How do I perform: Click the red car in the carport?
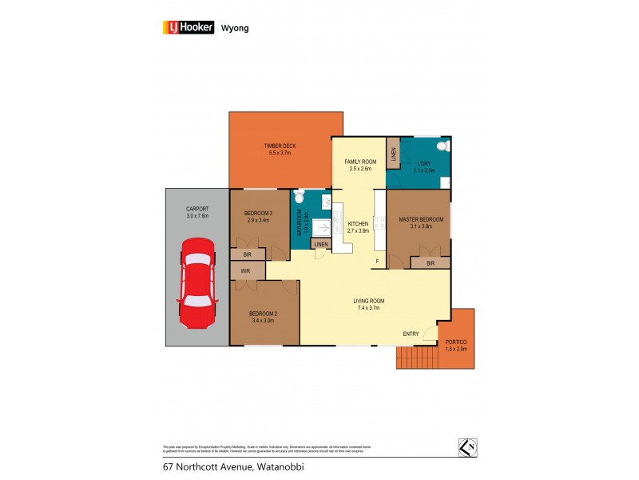(x=196, y=283)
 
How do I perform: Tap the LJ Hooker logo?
(x=189, y=26)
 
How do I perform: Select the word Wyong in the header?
(x=235, y=27)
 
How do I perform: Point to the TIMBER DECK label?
(x=280, y=146)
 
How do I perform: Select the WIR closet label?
(x=245, y=271)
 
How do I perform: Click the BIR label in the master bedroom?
(x=430, y=262)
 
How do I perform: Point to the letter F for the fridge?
(x=377, y=262)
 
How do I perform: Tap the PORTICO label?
(x=456, y=342)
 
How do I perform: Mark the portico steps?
(x=416, y=357)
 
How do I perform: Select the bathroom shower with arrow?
(x=320, y=227)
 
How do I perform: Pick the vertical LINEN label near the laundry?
(x=393, y=152)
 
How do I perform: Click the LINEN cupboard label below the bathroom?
(x=321, y=244)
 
